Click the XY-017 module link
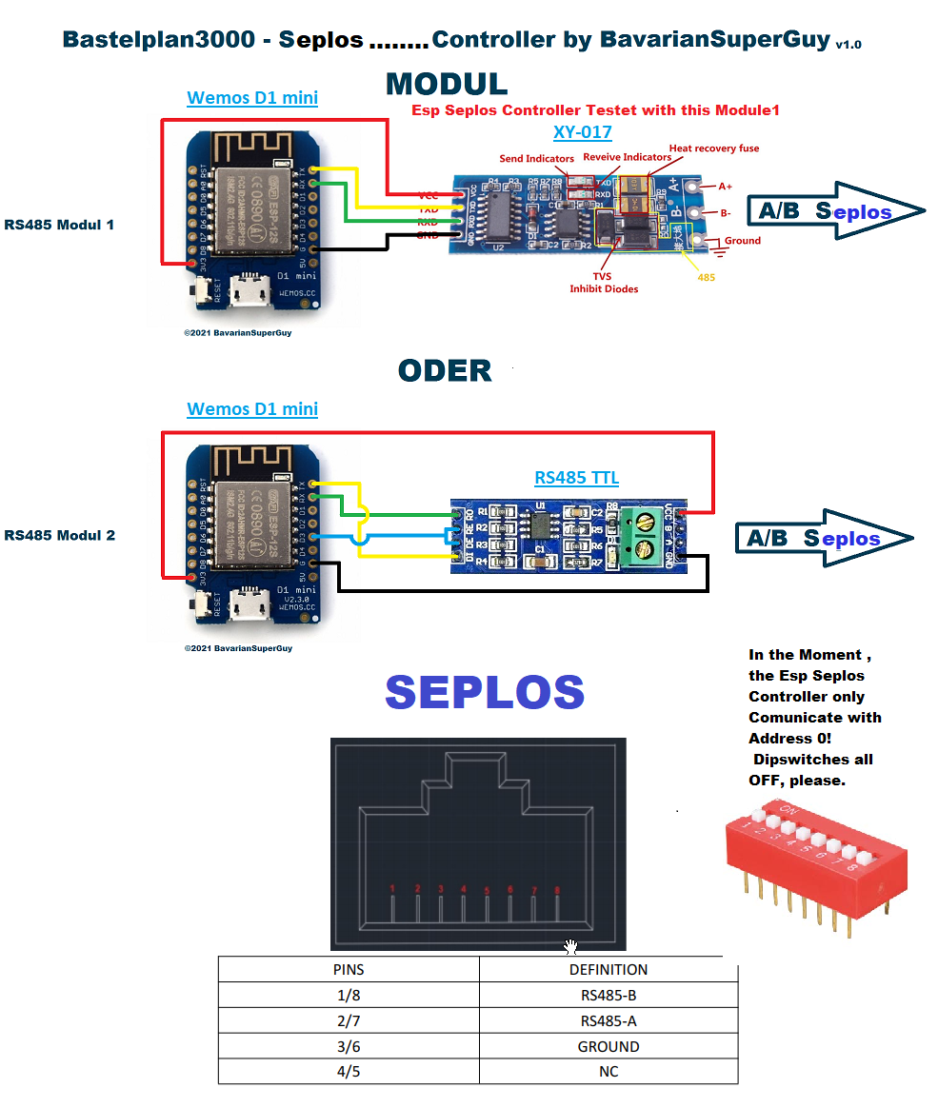[582, 133]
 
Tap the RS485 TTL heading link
[577, 478]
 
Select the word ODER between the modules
[445, 370]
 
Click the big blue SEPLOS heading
[485, 693]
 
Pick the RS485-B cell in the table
[608, 996]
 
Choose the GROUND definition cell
[608, 1046]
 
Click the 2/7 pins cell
[348, 1020]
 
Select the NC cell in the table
[608, 1072]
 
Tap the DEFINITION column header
[608, 970]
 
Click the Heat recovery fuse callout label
[713, 148]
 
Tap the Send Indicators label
[536, 159]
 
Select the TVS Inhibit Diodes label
[604, 282]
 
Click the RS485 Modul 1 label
[59, 225]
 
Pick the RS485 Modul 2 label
[59, 535]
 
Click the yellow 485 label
[706, 277]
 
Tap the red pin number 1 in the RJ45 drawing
[392, 889]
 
